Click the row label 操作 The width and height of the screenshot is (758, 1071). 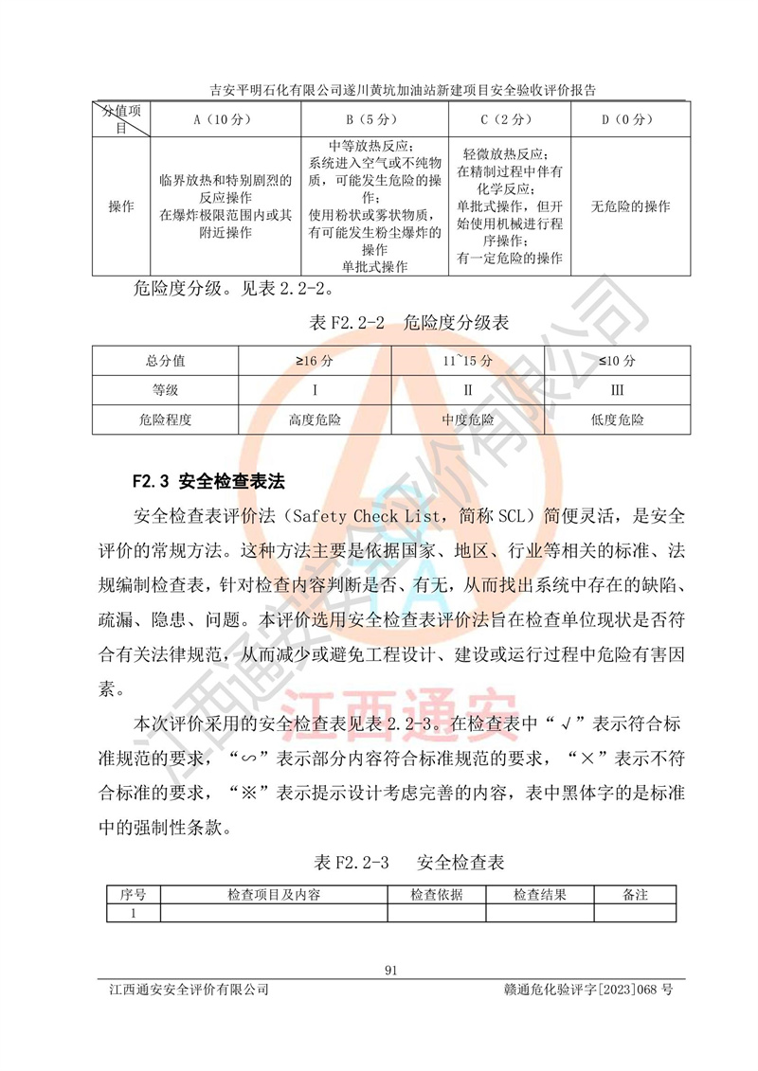pos(121,206)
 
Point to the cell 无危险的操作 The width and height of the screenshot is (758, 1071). pos(630,206)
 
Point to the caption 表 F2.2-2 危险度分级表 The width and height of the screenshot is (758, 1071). pos(409,323)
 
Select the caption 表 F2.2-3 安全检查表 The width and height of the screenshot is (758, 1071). pos(409,863)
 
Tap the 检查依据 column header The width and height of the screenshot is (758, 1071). pos(437,895)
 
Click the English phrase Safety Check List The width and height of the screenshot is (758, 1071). pos(346,517)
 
